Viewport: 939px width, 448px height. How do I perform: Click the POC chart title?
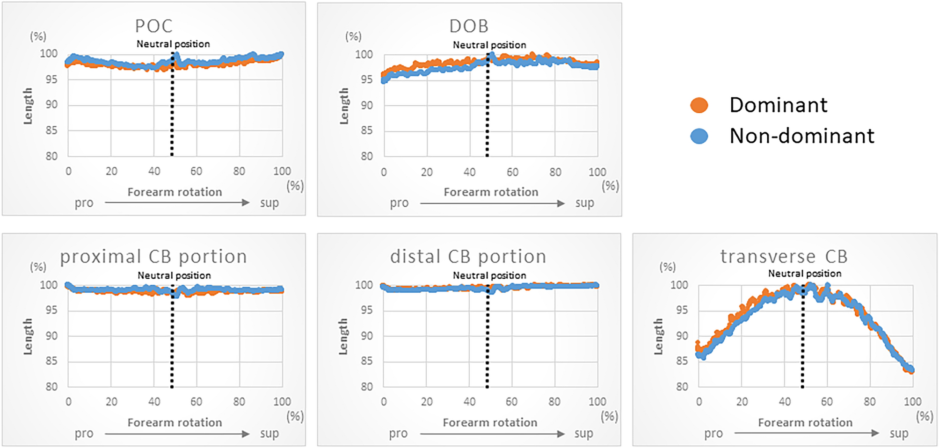click(154, 26)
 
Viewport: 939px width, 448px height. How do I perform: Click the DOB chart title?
click(469, 26)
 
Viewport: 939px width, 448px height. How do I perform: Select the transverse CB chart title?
click(784, 257)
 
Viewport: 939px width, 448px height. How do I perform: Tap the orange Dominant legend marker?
click(699, 105)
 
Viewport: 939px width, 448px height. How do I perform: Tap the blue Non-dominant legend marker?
click(699, 136)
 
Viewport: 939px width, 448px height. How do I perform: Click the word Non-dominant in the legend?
click(801, 136)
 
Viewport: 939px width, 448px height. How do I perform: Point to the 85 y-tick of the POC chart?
click(51, 130)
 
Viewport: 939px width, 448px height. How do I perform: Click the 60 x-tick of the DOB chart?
click(512, 172)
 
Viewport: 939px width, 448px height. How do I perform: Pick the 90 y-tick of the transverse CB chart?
click(682, 336)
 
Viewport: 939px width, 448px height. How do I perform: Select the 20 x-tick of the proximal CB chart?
click(111, 402)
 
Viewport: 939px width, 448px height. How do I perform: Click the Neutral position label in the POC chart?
click(173, 44)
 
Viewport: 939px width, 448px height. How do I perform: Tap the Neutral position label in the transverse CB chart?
click(804, 274)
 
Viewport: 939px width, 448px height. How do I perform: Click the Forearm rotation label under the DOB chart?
click(491, 192)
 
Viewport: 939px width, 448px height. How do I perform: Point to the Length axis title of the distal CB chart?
click(343, 337)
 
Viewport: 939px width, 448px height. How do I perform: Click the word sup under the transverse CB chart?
click(899, 434)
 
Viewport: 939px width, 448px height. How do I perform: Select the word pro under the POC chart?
click(84, 203)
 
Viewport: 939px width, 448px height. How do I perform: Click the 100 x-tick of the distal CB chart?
click(597, 402)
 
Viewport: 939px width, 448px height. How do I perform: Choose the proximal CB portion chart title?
click(153, 257)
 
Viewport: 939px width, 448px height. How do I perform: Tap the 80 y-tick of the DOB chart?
click(367, 156)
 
